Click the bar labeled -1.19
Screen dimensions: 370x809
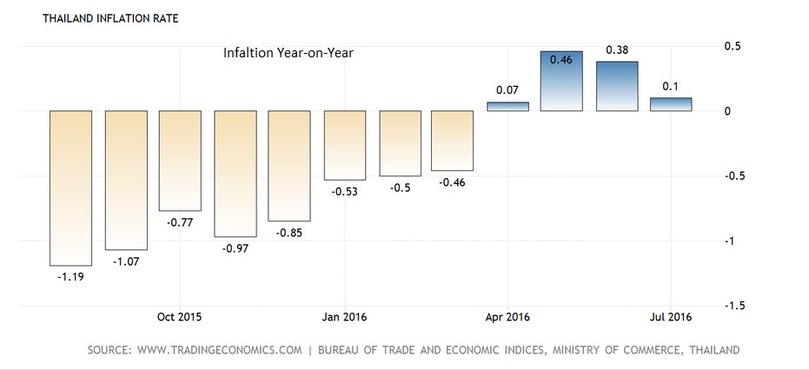coord(71,188)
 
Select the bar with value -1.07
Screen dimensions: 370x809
coord(127,180)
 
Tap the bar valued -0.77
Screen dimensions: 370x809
coord(180,161)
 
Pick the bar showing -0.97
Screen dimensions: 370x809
coord(235,174)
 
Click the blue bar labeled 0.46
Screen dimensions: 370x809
coord(561,81)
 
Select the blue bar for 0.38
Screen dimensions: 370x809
coord(617,86)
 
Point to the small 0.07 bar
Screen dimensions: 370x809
coord(507,107)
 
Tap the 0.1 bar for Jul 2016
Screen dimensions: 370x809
coord(671,104)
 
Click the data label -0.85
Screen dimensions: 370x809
coord(288,233)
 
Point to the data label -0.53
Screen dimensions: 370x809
coord(345,191)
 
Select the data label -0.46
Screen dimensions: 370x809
coord(452,182)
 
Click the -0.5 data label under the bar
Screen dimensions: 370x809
coord(399,188)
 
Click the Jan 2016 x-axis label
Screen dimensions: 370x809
coord(343,317)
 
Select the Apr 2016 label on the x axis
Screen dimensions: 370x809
coord(507,317)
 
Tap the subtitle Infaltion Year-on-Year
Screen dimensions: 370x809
coord(288,53)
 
